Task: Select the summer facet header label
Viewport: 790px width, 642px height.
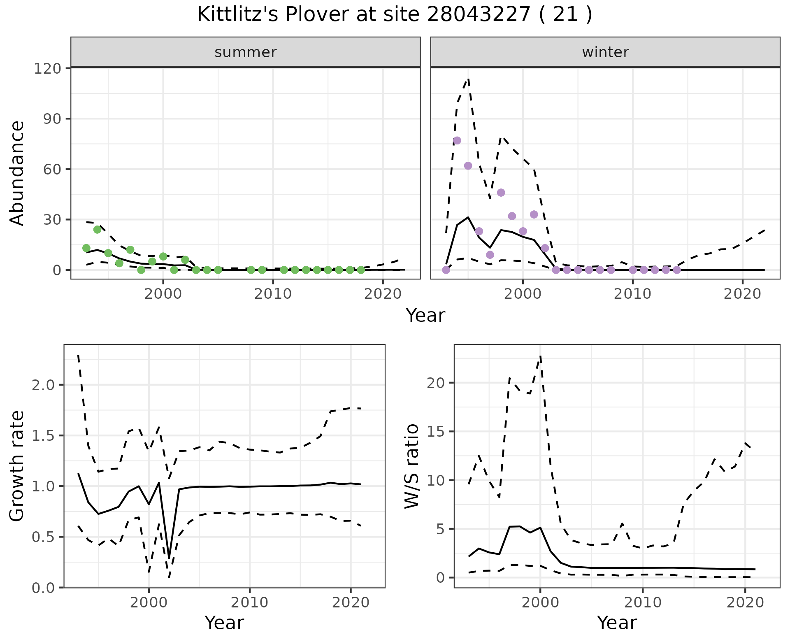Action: tap(245, 52)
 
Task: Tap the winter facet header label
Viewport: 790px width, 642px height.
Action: tap(605, 52)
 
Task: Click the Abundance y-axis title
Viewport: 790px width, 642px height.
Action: tap(17, 173)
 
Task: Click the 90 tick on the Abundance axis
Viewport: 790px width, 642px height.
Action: tap(51, 119)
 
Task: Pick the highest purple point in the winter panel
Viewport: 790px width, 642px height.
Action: tap(457, 141)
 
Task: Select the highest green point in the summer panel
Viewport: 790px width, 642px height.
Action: tap(97, 230)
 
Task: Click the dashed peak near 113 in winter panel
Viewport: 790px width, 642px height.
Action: tap(468, 79)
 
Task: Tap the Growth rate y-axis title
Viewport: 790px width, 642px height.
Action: tap(17, 466)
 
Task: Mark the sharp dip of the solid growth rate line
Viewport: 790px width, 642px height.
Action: tap(169, 558)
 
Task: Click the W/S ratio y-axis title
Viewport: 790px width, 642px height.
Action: tap(411, 466)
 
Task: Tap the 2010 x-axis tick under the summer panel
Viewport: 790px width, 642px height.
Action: tap(273, 294)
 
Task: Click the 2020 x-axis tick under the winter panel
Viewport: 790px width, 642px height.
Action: tap(742, 294)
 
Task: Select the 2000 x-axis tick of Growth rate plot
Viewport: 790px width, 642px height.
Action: tap(149, 602)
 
